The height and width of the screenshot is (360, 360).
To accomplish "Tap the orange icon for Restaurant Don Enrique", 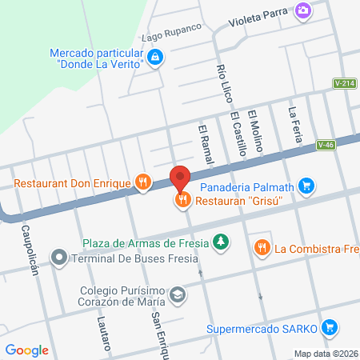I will click(x=143, y=182).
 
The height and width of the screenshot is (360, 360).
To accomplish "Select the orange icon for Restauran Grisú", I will click(x=182, y=200).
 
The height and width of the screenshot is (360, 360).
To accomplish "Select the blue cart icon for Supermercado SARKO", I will click(x=329, y=327).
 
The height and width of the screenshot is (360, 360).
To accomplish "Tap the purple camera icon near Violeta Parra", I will click(x=302, y=10).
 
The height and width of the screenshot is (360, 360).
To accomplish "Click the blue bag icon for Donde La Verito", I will click(x=156, y=56).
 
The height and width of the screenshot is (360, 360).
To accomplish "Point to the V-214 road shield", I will click(x=346, y=83).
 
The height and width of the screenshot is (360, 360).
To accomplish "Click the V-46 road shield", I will click(x=325, y=145).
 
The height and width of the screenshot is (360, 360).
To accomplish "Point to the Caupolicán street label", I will click(x=30, y=247).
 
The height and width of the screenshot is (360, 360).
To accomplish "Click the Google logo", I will click(x=27, y=350).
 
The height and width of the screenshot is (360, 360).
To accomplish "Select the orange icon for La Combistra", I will click(x=261, y=248).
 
